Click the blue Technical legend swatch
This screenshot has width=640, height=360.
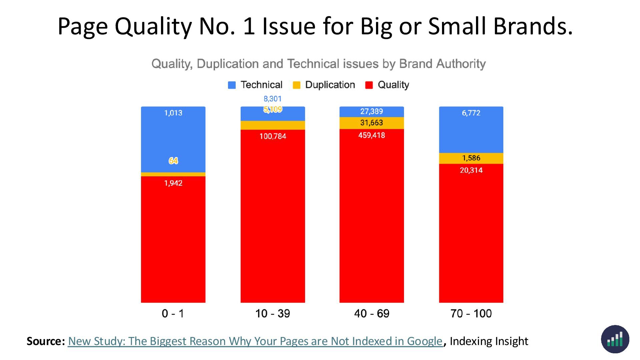point(232,85)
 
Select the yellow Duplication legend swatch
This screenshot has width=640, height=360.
point(296,85)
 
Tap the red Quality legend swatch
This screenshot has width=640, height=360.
point(369,85)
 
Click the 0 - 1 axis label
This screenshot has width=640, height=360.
point(173,313)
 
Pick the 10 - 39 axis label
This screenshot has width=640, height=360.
point(272,313)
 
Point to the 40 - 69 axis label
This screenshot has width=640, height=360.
point(372,313)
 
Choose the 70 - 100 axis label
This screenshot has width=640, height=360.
point(471,313)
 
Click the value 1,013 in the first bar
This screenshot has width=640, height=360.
point(173,113)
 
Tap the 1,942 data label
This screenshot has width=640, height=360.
point(173,183)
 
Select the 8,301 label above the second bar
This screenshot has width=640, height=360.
point(272,99)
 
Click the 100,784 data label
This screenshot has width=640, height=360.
point(273,136)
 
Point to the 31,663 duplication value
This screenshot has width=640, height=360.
point(371,123)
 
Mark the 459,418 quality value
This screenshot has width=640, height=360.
point(371,135)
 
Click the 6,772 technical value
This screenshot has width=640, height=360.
point(471,113)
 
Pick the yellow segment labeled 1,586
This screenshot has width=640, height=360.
point(471,158)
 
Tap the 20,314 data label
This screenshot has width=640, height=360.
point(471,170)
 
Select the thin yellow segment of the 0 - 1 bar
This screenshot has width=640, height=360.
point(173,174)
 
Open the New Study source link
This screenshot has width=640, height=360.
point(255,341)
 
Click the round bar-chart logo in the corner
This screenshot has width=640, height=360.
point(615,339)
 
